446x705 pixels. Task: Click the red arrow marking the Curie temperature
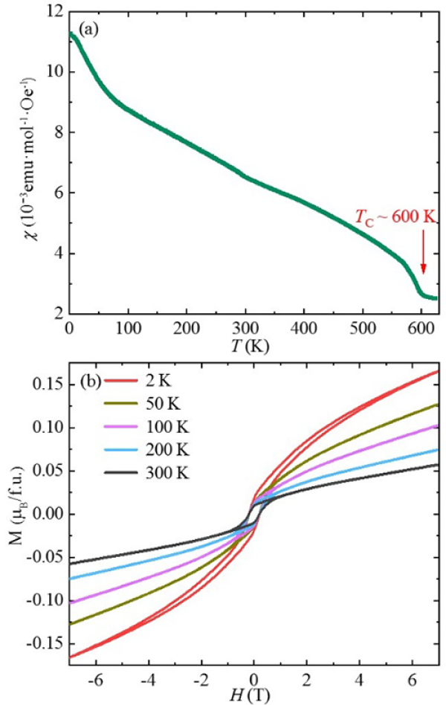[x=423, y=257]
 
